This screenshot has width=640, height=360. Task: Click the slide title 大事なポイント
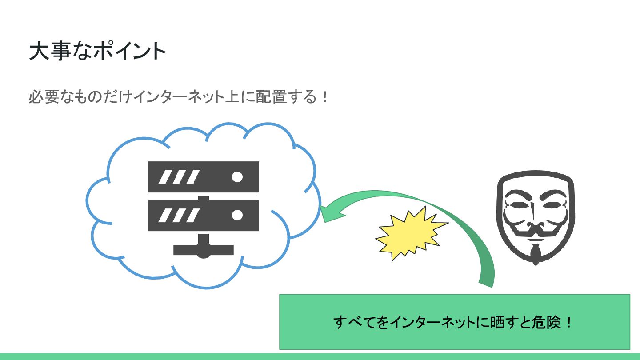[97, 52]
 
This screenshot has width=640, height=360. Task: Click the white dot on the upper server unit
[237, 177]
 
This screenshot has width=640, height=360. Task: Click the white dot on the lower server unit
[237, 215]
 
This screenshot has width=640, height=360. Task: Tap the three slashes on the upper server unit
[178, 177]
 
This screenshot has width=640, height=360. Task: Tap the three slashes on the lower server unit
[178, 215]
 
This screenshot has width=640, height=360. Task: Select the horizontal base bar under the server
[203, 250]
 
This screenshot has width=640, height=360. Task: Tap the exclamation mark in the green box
[569, 322]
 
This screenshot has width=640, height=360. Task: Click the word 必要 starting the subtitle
[44, 96]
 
